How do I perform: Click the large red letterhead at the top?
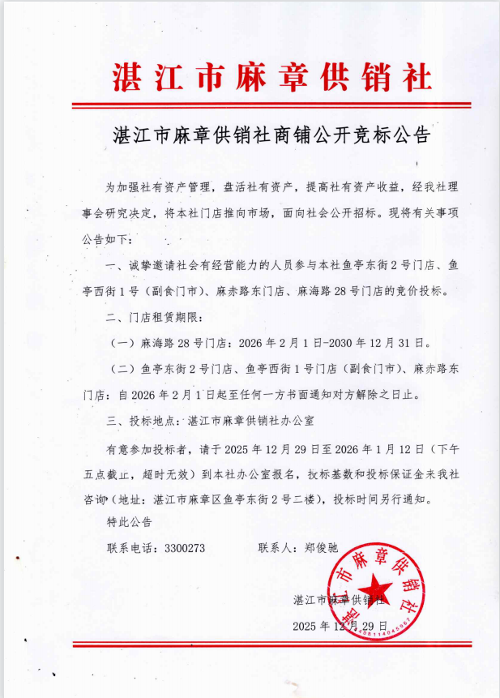[x=271, y=77]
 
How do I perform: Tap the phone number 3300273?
[x=185, y=547]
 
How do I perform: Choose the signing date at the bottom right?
[x=341, y=626]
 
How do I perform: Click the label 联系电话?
[x=129, y=547]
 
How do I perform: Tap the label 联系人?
[x=276, y=547]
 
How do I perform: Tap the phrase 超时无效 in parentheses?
[x=168, y=473]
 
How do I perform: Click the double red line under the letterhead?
[x=271, y=105]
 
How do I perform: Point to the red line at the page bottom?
[x=271, y=644]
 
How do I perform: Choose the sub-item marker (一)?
[x=122, y=343]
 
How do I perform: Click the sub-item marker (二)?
[x=122, y=369]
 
